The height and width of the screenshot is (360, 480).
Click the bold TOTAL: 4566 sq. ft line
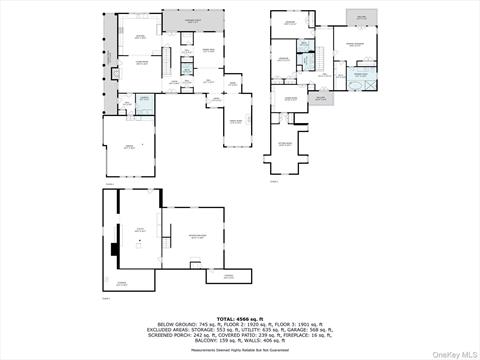coord(239,318)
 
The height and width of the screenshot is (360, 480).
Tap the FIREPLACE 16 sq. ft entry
coord(306,336)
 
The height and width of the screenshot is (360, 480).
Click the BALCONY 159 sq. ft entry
coord(211,342)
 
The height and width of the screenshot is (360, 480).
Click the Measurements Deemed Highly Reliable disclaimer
coord(239,350)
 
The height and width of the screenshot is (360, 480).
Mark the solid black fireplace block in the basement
coord(115,250)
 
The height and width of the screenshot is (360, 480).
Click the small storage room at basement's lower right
coord(229,275)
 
